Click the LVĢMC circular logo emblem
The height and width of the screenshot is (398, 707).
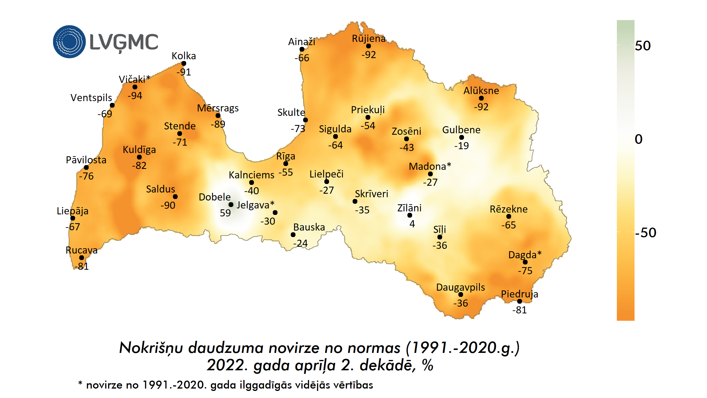69,42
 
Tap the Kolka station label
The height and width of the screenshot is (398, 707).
184,56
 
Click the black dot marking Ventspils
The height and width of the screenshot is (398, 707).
112,105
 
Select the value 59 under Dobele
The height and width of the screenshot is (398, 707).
225,213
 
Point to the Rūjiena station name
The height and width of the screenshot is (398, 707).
369,38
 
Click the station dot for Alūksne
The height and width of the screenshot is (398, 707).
481,98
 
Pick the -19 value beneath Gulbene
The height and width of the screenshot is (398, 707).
461,146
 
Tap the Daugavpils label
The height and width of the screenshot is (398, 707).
460,287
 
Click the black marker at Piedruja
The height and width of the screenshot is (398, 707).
520,301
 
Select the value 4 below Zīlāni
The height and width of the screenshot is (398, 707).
412,224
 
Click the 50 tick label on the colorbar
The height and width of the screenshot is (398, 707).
642,46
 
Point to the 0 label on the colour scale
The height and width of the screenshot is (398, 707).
638,139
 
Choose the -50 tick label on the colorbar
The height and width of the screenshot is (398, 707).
645,233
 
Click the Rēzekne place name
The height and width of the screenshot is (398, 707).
508,209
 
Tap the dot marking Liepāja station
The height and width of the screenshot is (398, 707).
73,218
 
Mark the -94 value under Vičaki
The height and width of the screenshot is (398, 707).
135,96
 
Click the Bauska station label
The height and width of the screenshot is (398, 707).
309,227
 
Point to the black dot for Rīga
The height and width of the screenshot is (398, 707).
285,164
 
